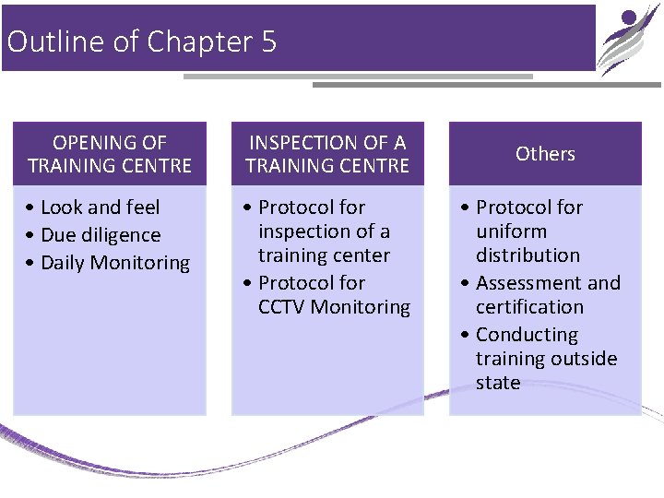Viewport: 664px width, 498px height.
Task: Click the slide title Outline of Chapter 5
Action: pyautogui.click(x=141, y=42)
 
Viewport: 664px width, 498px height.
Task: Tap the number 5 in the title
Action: pyautogui.click(x=268, y=42)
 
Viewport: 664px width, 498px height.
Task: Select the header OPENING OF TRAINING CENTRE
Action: pyautogui.click(x=110, y=154)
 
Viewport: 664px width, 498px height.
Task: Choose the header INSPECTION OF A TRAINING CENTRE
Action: pyautogui.click(x=327, y=154)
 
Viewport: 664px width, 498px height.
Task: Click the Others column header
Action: pyautogui.click(x=545, y=154)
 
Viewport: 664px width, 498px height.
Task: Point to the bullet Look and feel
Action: pyautogui.click(x=100, y=207)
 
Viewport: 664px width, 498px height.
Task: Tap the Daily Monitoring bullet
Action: pyautogui.click(x=114, y=263)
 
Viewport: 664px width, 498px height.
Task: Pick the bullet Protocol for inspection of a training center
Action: pyautogui.click(x=324, y=231)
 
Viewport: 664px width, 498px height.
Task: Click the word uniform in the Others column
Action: pyautogui.click(x=511, y=231)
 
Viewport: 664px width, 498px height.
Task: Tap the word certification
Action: pyautogui.click(x=529, y=307)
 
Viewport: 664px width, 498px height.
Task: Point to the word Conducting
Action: pyautogui.click(x=527, y=335)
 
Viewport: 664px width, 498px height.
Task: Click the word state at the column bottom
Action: pyautogui.click(x=498, y=383)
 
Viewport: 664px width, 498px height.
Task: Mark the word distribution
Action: pyautogui.click(x=528, y=255)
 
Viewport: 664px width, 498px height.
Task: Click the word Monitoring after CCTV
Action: pyautogui.click(x=361, y=307)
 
